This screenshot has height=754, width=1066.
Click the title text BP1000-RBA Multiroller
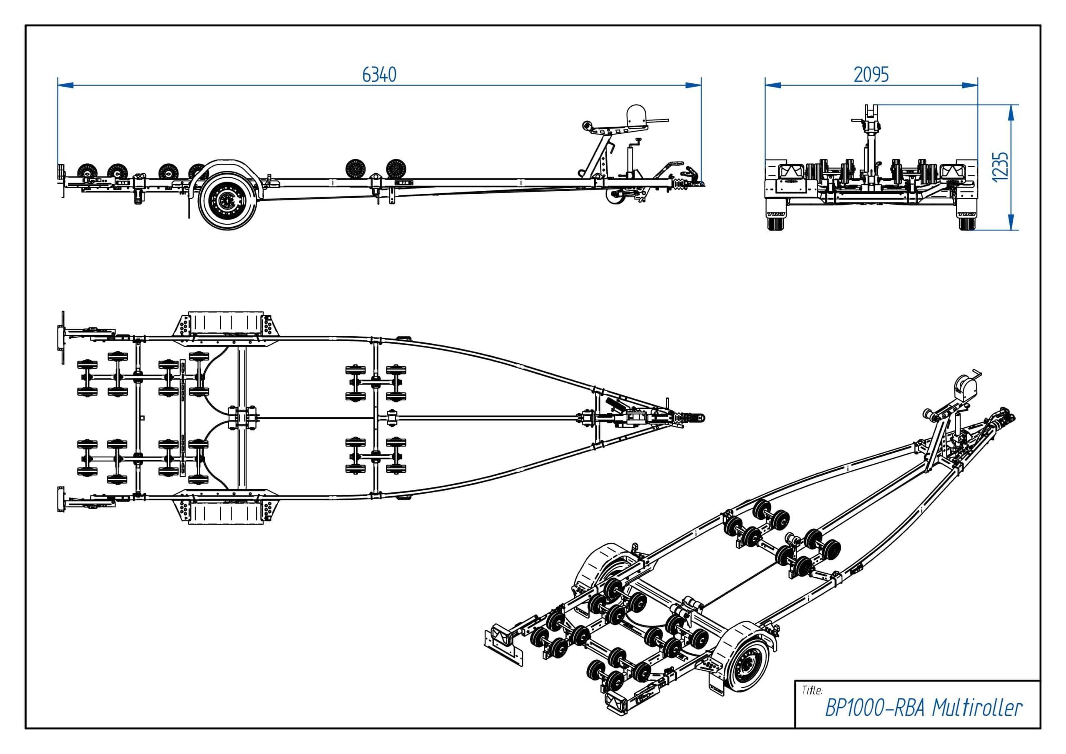tap(924, 709)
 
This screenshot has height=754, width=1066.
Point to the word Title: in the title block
tap(812, 690)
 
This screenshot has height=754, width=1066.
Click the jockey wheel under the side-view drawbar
tap(615, 197)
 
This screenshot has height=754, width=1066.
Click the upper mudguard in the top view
tap(226, 323)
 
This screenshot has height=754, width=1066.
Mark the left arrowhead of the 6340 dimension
tap(65, 85)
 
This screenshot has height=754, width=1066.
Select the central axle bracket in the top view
tap(242, 418)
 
